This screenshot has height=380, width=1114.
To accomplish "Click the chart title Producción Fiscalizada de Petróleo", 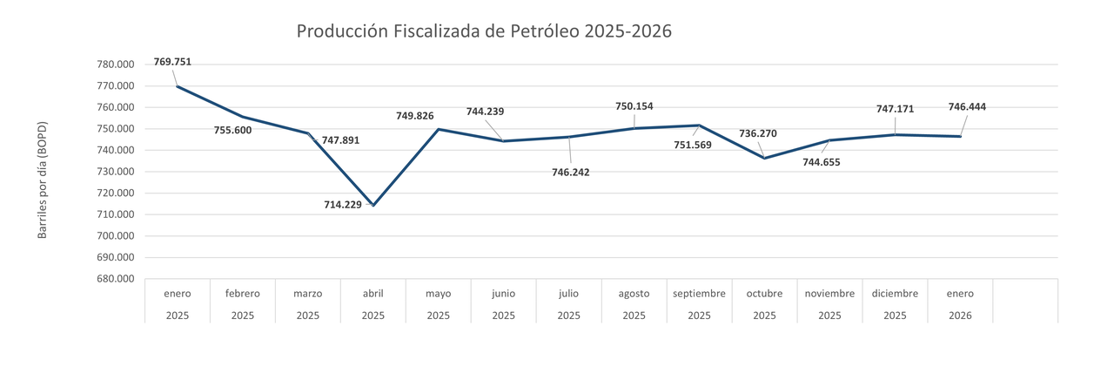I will pyautogui.click(x=484, y=31).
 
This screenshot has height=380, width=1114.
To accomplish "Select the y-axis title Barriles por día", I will pyautogui.click(x=42, y=180).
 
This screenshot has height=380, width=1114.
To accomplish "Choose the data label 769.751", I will pyautogui.click(x=172, y=62).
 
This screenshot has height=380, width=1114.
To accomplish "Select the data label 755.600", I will pyautogui.click(x=232, y=131).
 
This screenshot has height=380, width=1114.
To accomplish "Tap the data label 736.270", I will pyautogui.click(x=757, y=133).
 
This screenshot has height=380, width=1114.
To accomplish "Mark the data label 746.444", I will pyautogui.click(x=967, y=107).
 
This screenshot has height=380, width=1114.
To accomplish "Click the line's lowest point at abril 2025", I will pyautogui.click(x=373, y=205).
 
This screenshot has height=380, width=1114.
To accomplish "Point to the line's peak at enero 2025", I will pyautogui.click(x=178, y=86).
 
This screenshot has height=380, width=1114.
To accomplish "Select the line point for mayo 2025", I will pyautogui.click(x=439, y=129).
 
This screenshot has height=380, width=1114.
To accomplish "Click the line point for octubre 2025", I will pyautogui.click(x=764, y=158).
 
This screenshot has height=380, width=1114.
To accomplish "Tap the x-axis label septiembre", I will pyautogui.click(x=699, y=294).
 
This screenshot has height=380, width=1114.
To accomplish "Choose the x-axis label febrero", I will pyautogui.click(x=243, y=294).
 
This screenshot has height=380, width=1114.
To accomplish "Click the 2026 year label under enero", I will pyautogui.click(x=960, y=316).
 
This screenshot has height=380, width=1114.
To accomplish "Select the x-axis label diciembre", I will pyautogui.click(x=895, y=294).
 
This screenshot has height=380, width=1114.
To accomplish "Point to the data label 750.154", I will pyautogui.click(x=634, y=106).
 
